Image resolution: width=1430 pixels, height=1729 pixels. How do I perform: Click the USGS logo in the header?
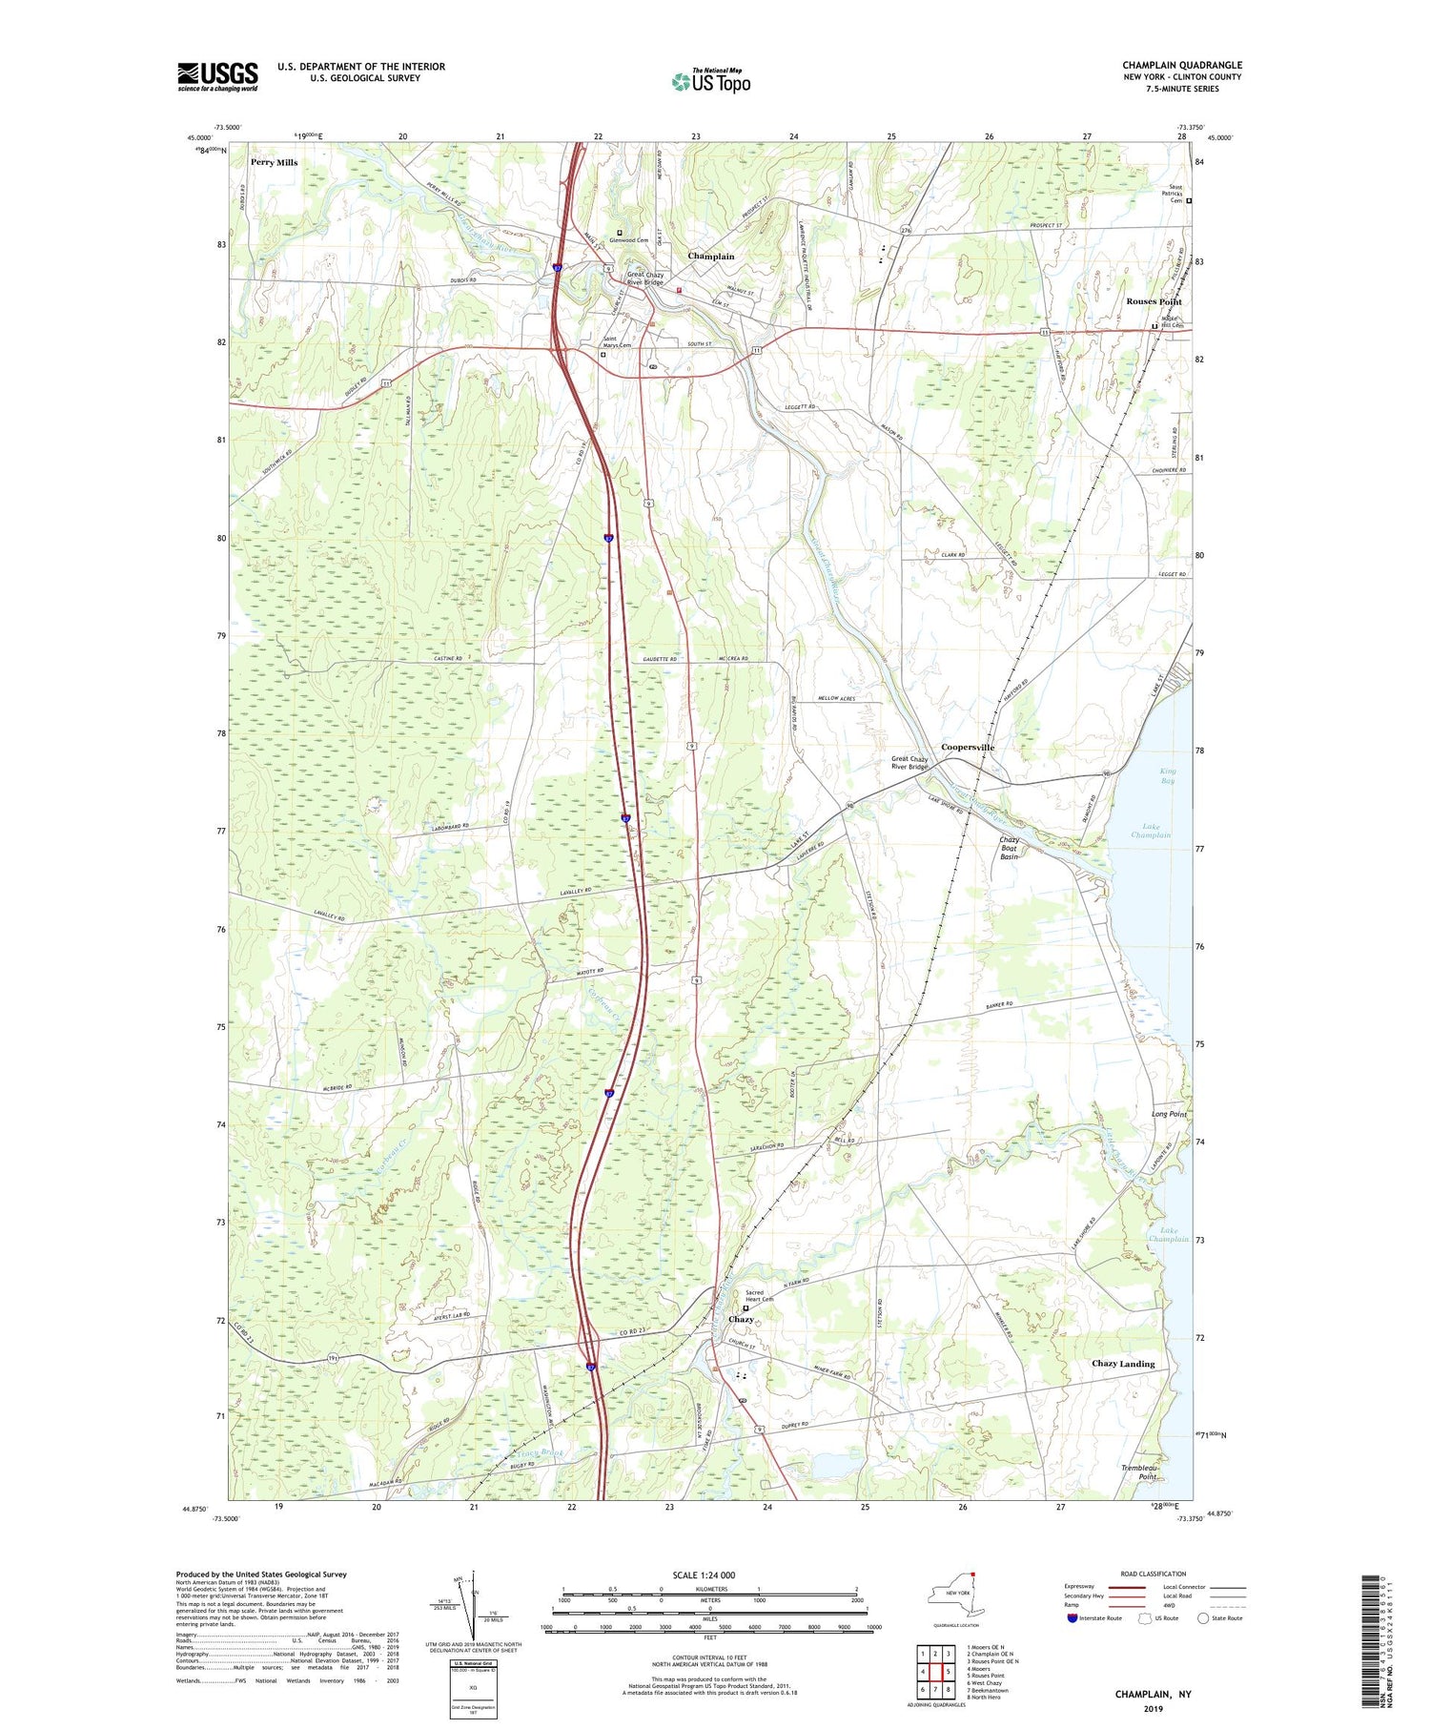217,76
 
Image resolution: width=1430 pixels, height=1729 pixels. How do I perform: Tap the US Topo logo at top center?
710,81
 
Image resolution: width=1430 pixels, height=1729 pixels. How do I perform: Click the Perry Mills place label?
275,162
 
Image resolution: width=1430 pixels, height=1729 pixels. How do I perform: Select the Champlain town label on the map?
711,257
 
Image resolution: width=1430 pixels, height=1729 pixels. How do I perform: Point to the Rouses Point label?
1154,301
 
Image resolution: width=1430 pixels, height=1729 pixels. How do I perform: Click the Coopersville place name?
968,747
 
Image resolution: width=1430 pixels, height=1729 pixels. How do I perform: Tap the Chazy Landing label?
1122,1364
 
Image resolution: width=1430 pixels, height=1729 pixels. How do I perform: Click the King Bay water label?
1168,775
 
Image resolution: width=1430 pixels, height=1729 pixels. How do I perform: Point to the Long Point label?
1169,1114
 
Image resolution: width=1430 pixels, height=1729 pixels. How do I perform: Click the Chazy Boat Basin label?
1010,849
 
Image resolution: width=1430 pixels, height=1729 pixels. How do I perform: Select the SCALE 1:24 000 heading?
704,1575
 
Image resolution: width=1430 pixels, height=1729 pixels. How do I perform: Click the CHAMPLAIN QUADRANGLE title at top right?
1182,65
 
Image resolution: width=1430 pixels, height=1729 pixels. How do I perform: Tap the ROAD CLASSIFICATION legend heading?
1154,1575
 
